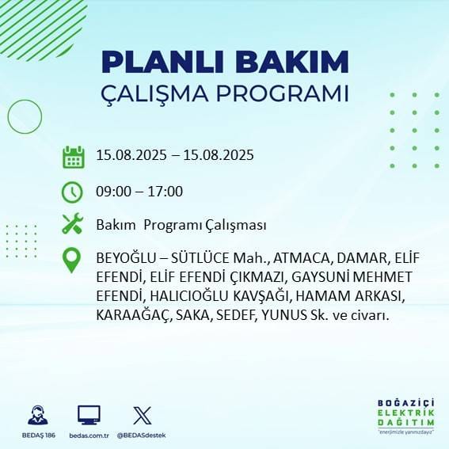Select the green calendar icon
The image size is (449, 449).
tap(73, 156)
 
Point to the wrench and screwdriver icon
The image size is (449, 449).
tap(73, 224)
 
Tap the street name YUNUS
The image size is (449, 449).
tap(283, 315)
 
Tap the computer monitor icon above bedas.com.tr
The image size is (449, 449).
tap(89, 415)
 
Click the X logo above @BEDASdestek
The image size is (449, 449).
tap(143, 415)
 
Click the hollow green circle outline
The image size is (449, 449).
tap(25, 117)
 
